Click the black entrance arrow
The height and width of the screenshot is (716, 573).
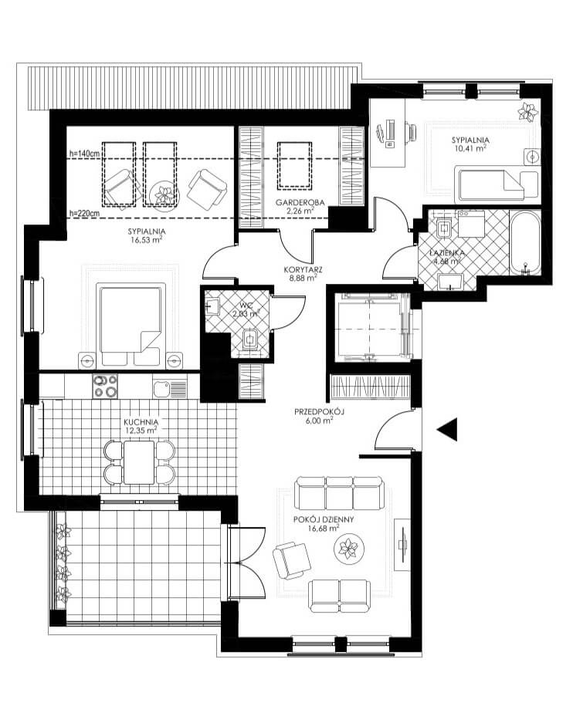coord(448,430)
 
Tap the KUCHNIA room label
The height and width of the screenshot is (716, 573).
coord(141,422)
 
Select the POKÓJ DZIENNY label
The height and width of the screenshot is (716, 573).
coord(324,519)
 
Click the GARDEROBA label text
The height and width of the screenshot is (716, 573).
coord(300,202)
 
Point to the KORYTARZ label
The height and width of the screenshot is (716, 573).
coord(303,269)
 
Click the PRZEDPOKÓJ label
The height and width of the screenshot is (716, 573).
coord(319,411)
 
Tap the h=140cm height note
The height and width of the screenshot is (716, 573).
coord(84,154)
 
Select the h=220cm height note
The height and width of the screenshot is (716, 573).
coord(84,212)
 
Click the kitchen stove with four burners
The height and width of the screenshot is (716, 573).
coord(105,387)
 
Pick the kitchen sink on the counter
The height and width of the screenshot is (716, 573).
coord(170,389)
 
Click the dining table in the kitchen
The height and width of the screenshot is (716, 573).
coord(139,461)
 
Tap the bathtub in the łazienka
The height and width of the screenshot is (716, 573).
coord(525,243)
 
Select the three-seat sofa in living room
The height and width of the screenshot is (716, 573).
coord(338,494)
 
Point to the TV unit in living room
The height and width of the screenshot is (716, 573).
coord(402,545)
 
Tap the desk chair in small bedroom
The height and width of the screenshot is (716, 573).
coord(411,133)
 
